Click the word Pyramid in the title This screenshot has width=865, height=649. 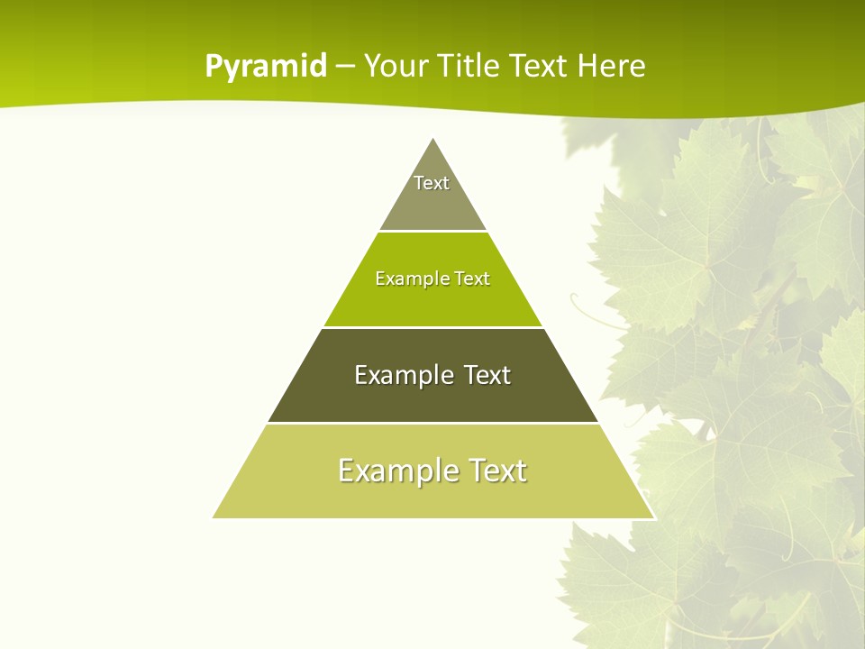point(266,67)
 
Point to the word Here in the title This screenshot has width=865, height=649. point(612,66)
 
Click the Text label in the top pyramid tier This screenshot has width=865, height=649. point(432,183)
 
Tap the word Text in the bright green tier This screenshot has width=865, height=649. point(472,279)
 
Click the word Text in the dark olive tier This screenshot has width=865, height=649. point(487,375)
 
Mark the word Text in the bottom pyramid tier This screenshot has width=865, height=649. point(496,471)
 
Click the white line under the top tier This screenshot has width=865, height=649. point(432,231)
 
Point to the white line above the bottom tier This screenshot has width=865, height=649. point(432,423)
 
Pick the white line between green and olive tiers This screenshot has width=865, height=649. point(432,327)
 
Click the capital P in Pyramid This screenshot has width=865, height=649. point(213,66)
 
